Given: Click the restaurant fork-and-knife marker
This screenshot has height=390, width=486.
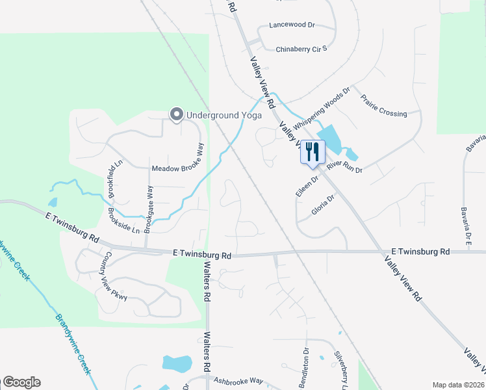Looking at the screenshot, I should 313,151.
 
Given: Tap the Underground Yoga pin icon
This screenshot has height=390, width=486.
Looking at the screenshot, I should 176,115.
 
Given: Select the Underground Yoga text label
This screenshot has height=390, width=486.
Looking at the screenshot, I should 224,116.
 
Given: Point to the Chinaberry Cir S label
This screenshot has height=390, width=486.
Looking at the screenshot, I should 301,49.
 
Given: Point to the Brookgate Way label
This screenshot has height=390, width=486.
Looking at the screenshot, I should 149,209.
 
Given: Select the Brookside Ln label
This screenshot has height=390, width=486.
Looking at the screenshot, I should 124,223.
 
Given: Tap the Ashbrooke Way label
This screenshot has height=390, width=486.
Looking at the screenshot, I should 238,381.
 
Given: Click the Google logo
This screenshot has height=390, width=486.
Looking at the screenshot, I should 21,382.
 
